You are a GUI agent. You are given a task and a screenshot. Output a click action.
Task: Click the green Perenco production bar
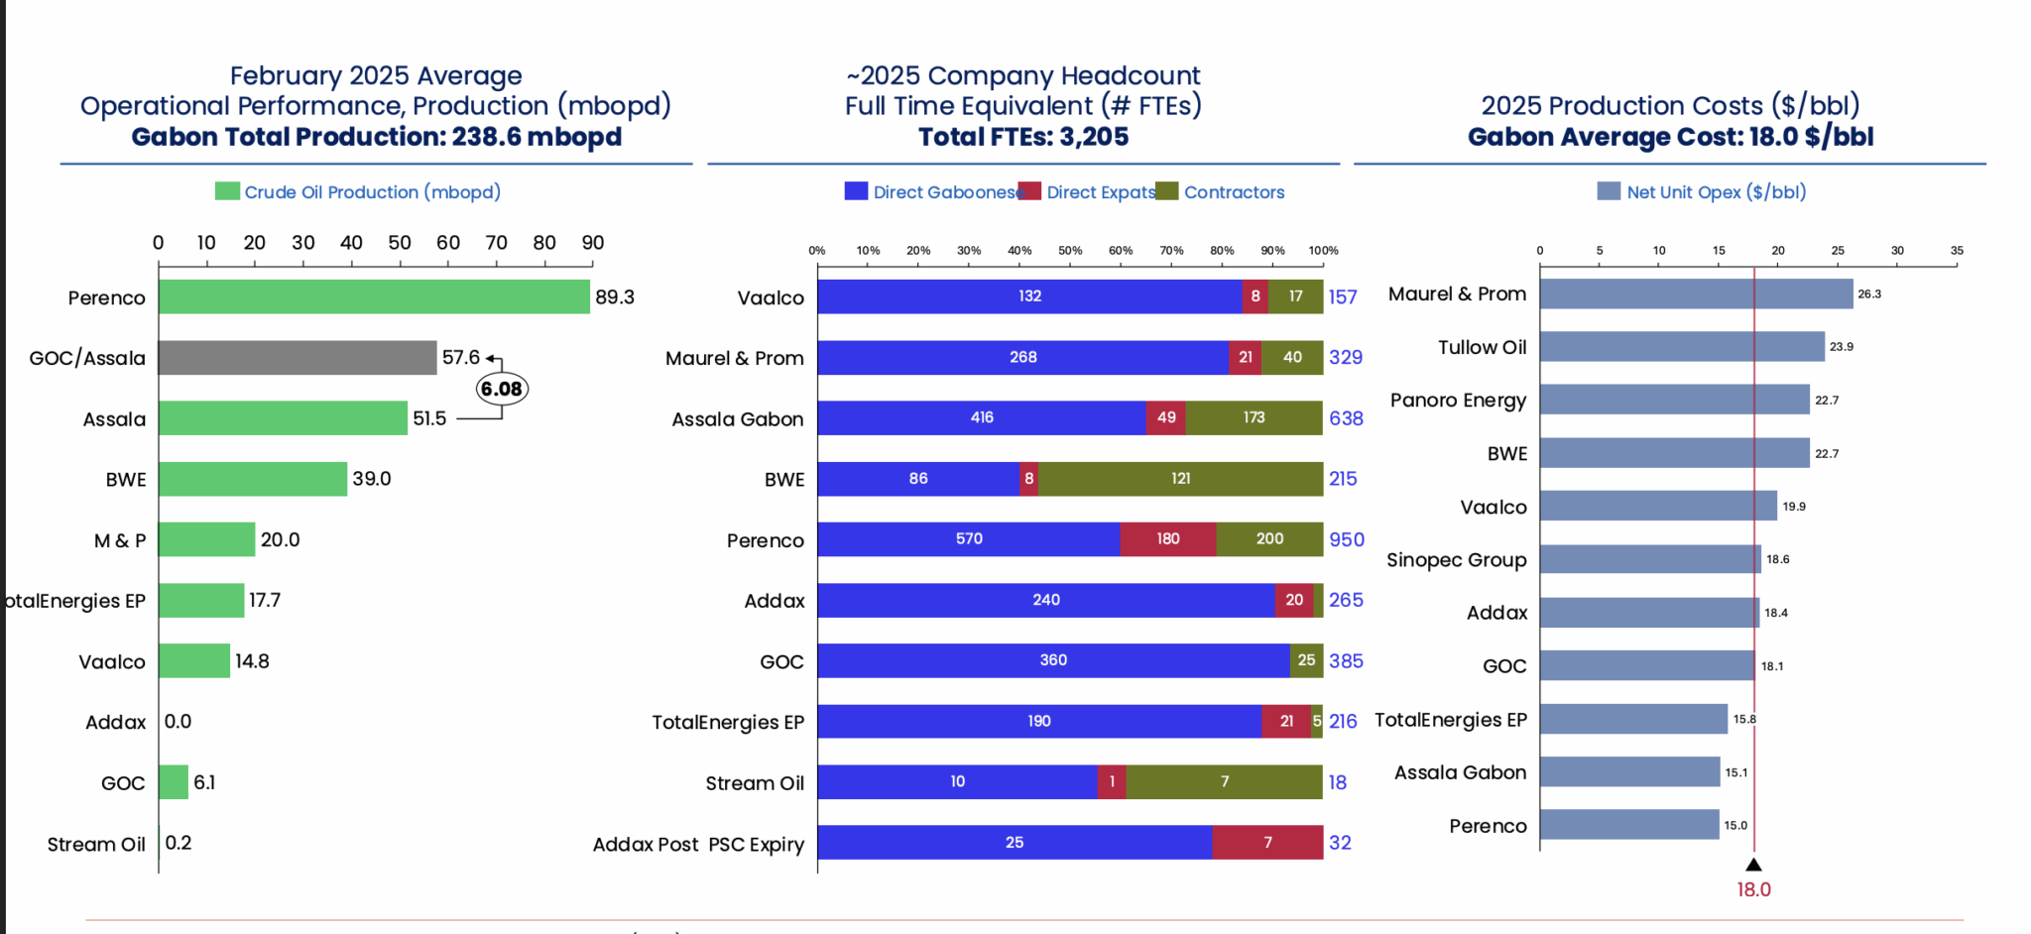(374, 296)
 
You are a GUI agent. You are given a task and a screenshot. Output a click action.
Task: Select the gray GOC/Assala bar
(298, 358)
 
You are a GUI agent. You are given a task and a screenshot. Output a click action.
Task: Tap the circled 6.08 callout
(502, 389)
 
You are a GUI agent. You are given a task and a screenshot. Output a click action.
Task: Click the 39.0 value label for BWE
(372, 479)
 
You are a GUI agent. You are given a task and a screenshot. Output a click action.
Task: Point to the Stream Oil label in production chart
(96, 844)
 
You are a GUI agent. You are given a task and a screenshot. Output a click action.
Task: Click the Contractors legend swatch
(1167, 191)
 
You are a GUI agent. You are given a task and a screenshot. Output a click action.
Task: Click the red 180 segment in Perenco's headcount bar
(1167, 539)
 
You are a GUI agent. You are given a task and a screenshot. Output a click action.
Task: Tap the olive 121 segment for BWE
(1180, 479)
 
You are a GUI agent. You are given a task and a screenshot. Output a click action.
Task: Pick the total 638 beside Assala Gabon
(1346, 418)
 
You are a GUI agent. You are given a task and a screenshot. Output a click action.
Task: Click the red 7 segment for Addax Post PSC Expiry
(1267, 843)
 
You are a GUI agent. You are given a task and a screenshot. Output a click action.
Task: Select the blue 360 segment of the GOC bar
(1053, 660)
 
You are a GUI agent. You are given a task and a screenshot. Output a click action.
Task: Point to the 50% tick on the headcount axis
(1070, 251)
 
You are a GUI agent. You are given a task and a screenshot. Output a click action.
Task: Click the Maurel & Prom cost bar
(1696, 293)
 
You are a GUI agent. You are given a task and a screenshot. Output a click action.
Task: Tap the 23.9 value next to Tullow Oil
(1842, 347)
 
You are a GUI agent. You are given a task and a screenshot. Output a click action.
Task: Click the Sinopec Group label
(1456, 560)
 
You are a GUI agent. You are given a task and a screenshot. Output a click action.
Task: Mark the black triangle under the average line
(1753, 865)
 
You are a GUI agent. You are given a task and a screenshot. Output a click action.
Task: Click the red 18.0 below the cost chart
(1753, 889)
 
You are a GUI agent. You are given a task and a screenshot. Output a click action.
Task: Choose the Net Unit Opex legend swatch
(1609, 191)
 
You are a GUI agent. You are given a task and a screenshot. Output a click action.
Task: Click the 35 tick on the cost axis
(1957, 251)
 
